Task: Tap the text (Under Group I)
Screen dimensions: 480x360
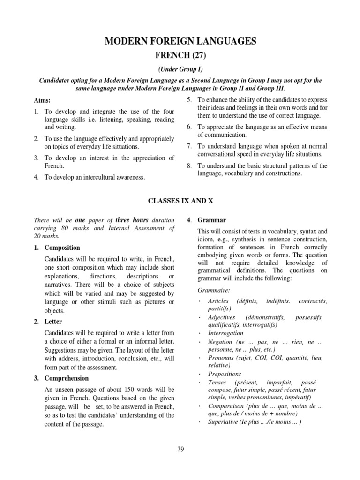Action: (x=180, y=69)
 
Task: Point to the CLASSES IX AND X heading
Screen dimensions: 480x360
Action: (x=180, y=200)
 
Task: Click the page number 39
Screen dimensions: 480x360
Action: (x=180, y=450)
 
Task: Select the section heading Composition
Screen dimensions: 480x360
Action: (x=62, y=247)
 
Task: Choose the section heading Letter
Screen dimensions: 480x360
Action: (x=53, y=322)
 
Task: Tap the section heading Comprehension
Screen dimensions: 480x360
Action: (x=67, y=378)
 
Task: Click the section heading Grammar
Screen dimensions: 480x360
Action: (x=205, y=220)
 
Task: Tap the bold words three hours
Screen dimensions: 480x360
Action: (x=133, y=220)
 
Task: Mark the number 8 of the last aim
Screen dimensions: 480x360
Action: (x=189, y=166)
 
